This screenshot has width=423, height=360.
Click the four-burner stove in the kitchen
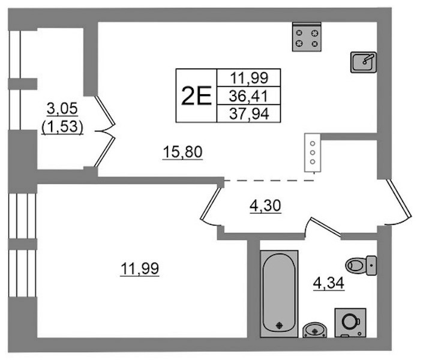tap(307, 37)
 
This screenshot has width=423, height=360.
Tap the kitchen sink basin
tap(364, 62)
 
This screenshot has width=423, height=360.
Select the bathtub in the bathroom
tap(279, 293)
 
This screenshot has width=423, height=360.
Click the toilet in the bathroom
tap(361, 265)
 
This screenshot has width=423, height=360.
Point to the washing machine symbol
tap(350, 323)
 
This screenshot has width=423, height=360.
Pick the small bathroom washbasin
tap(314, 330)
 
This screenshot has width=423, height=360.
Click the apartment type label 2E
tap(196, 96)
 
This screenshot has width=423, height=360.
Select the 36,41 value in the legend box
tap(248, 96)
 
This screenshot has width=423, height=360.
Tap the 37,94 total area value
tap(249, 113)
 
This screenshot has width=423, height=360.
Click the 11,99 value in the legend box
tap(249, 78)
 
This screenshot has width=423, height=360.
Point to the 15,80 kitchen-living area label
tap(182, 152)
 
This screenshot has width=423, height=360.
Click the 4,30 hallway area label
tap(265, 206)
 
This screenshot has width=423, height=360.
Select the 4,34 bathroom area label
tap(329, 283)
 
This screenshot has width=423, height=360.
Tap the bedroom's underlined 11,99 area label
tap(140, 269)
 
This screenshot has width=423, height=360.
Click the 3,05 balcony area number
tap(62, 109)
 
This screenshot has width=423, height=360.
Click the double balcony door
tap(105, 131)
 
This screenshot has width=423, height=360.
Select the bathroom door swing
tap(322, 227)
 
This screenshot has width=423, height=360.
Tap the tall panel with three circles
tap(313, 153)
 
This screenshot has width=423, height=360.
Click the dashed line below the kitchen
tap(269, 181)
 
